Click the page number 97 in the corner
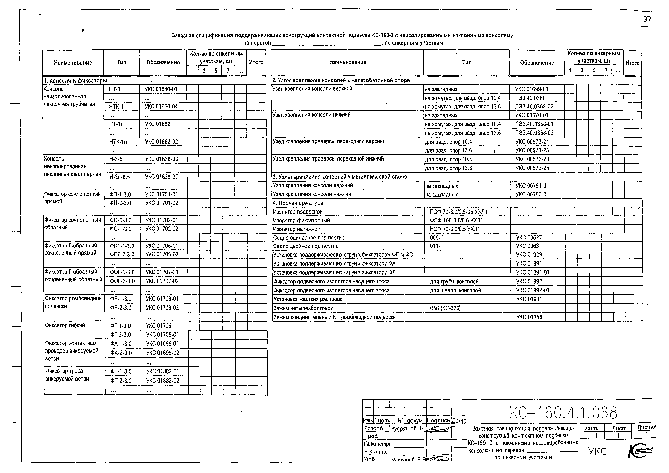tap(647, 19)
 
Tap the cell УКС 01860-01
tap(161, 89)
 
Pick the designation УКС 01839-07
tap(162, 177)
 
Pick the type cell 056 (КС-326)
tap(445, 308)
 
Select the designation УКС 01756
tap(529, 317)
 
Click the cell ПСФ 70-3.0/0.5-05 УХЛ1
tap(458, 212)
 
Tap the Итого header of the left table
tap(256, 62)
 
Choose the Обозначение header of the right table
tap(537, 63)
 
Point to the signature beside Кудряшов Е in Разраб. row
tap(439, 429)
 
